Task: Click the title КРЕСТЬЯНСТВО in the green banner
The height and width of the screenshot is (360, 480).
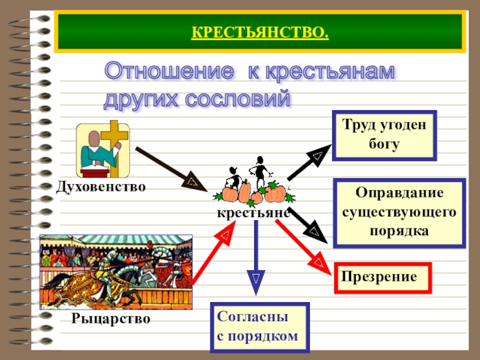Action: coord(260,31)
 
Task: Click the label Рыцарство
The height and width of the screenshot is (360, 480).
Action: coord(110,317)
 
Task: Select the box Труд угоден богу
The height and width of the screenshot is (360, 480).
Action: coord(384,135)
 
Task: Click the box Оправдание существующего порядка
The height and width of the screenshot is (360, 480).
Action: coord(399,212)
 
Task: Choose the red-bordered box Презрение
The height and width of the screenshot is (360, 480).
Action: coord(382,277)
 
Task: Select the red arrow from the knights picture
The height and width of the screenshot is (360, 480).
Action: coord(212,256)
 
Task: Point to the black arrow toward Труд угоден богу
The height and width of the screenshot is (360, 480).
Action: coord(308,162)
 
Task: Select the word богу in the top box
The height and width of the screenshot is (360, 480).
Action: coord(384,145)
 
